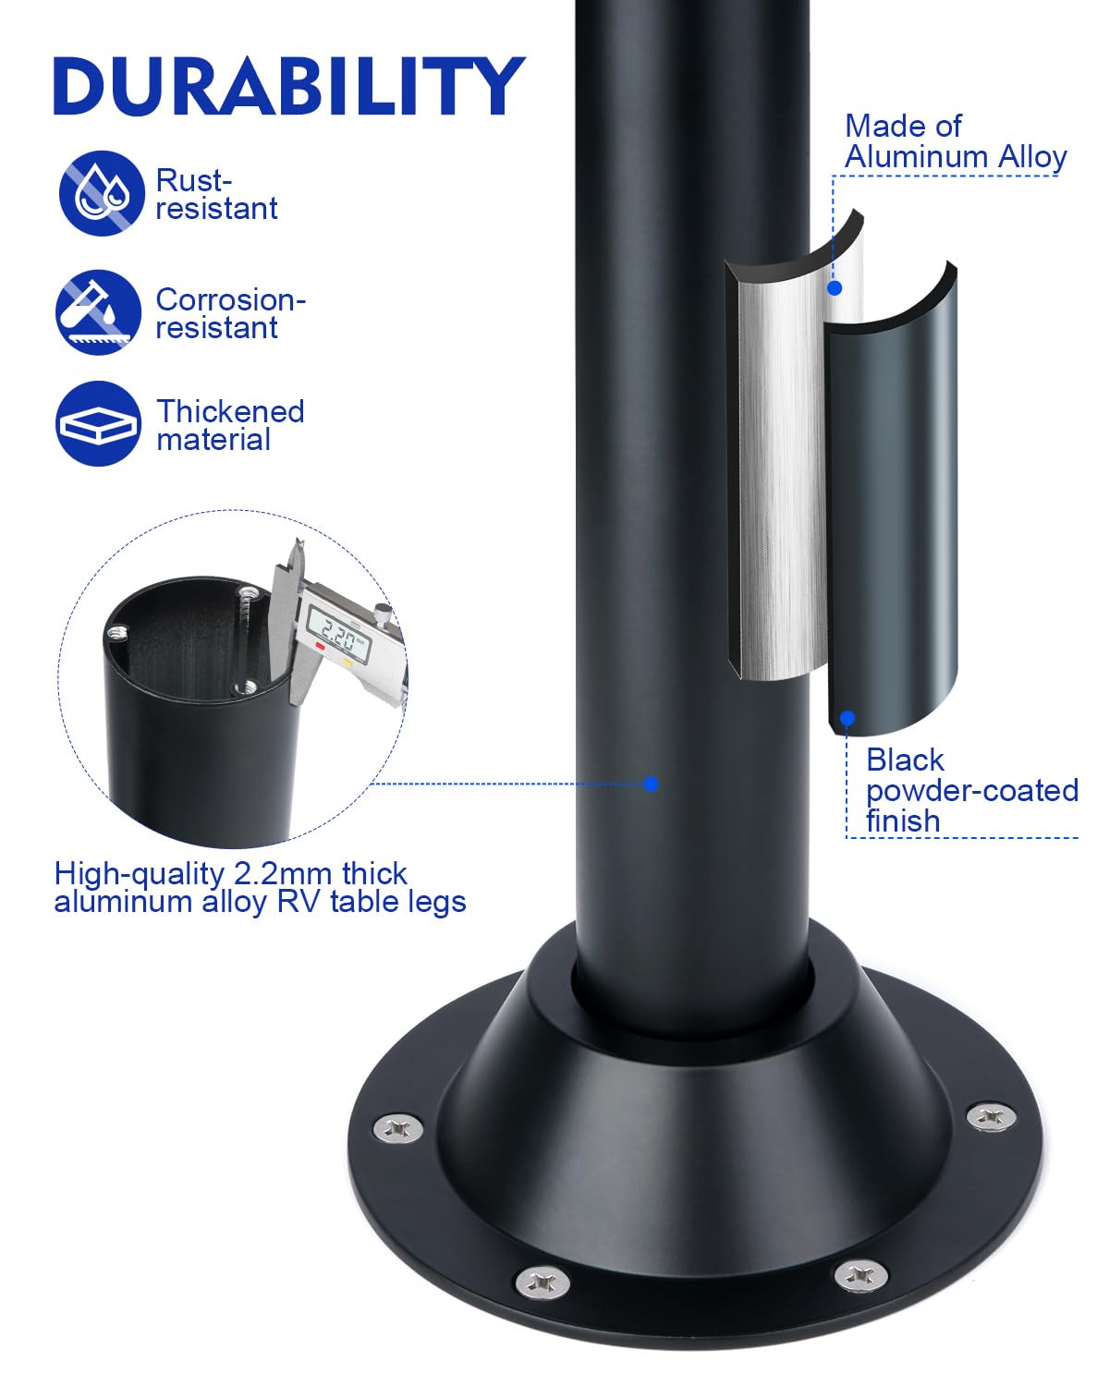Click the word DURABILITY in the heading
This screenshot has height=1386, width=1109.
288,86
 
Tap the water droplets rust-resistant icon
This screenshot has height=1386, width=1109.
101,193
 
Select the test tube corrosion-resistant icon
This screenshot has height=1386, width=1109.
98,311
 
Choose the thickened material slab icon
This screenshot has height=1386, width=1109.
98,423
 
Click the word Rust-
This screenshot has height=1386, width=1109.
193,180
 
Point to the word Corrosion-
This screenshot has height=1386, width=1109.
231,299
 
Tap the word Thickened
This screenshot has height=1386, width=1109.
230,411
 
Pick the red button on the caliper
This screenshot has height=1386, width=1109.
320,645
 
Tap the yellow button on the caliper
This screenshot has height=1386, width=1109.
347,661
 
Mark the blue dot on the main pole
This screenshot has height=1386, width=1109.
651,784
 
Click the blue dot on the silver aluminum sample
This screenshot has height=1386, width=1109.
835,288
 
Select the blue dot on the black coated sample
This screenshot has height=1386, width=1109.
847,718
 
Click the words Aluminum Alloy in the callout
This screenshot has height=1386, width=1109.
956,156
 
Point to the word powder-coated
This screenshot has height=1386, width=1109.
971,792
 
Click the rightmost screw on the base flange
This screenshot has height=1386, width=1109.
991,1116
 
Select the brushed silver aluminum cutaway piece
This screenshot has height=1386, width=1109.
780,470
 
